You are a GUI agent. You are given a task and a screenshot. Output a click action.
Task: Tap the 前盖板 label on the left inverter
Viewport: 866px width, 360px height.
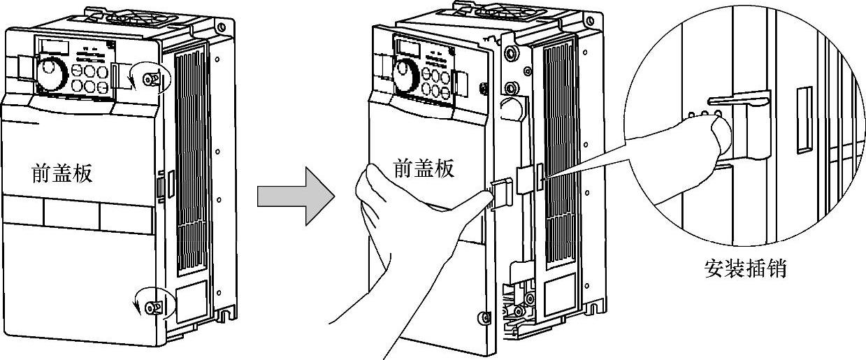pyautogui.click(x=62, y=173)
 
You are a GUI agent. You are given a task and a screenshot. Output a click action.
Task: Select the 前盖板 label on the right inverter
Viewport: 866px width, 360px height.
pyautogui.click(x=424, y=168)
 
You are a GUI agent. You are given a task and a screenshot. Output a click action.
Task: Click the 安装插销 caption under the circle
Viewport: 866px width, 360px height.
pyautogui.click(x=746, y=268)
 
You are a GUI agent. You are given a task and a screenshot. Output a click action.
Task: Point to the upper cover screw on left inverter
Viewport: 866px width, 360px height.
pyautogui.click(x=148, y=80)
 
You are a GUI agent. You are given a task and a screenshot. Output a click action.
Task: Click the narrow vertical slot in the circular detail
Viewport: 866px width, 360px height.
pyautogui.click(x=804, y=120)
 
